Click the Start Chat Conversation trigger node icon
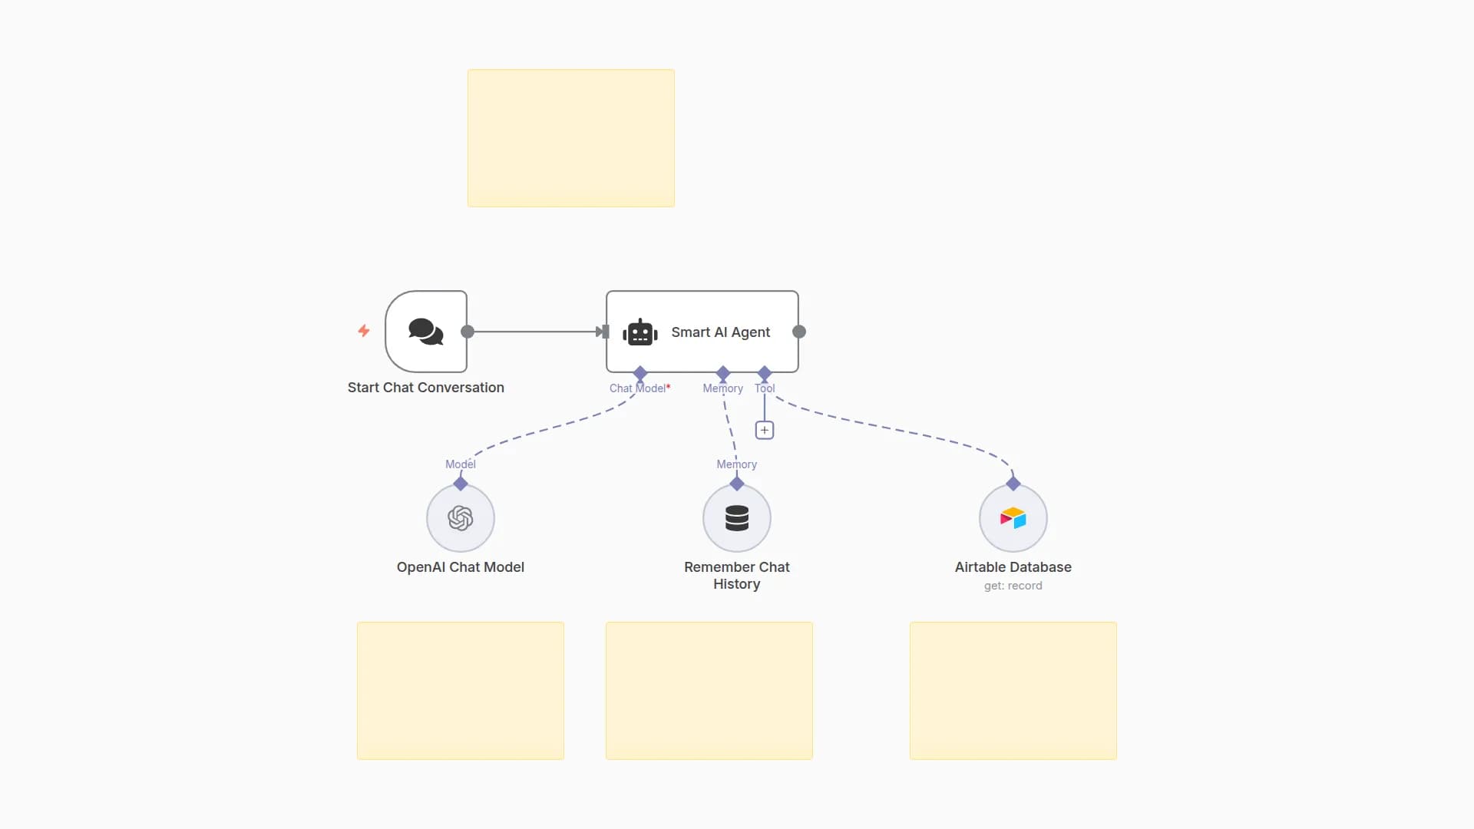click(x=426, y=332)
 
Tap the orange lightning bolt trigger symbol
click(x=364, y=331)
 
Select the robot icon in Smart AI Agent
click(x=640, y=332)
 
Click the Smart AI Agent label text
click(x=720, y=332)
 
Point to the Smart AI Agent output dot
click(x=799, y=332)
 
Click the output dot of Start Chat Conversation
click(x=468, y=332)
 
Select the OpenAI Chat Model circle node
click(x=461, y=518)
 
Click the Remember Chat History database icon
click(x=737, y=518)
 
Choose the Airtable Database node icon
click(x=1013, y=518)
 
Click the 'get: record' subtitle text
click(x=1013, y=586)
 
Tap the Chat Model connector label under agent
click(x=639, y=388)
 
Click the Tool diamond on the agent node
click(x=765, y=374)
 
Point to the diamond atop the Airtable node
click(x=1013, y=484)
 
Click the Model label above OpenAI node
click(x=461, y=464)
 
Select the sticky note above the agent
click(x=571, y=138)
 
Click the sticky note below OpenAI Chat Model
click(x=461, y=691)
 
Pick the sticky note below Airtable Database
click(x=1013, y=691)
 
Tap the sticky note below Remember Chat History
click(x=709, y=691)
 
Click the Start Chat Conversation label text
click(x=426, y=388)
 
